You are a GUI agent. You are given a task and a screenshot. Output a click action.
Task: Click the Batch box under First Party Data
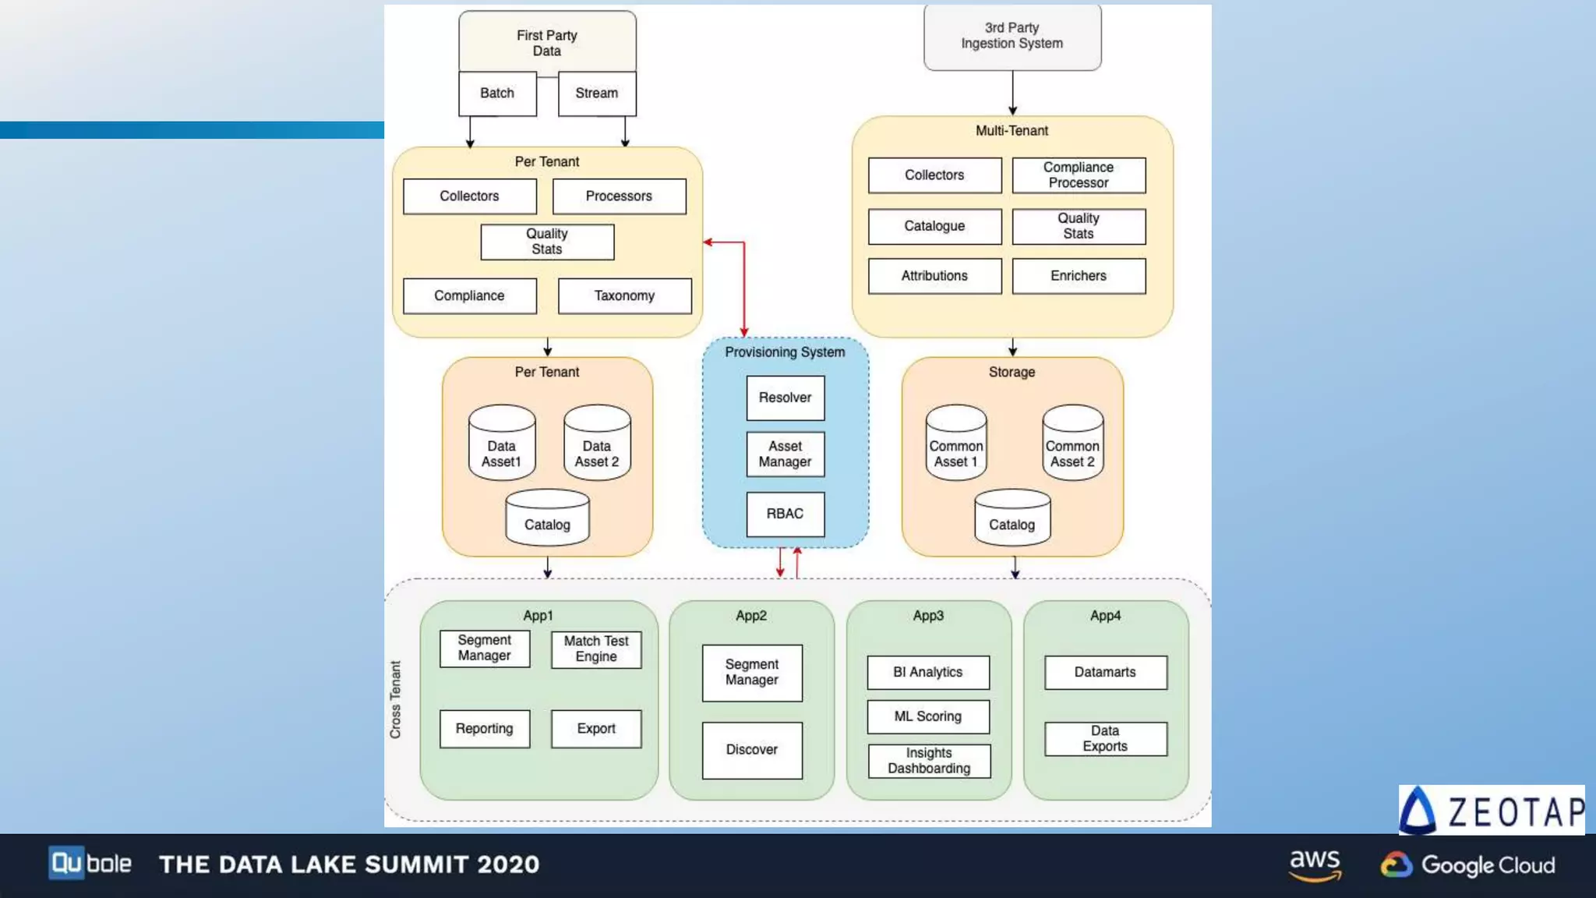coord(497,94)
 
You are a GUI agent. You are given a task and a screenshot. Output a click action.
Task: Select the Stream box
coord(597,94)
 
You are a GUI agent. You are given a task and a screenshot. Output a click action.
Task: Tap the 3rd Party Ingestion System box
coord(1012,37)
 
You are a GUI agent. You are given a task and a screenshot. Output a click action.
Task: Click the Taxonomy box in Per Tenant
coord(624,296)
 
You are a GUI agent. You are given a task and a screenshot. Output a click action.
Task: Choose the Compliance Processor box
coord(1079,175)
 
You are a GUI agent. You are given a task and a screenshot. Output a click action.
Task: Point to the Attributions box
coord(934,276)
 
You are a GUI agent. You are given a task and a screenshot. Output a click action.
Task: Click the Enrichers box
coord(1079,276)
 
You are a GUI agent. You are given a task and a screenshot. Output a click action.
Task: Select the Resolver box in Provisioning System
coord(785,398)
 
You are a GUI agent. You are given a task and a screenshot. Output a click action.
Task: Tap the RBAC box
coord(785,514)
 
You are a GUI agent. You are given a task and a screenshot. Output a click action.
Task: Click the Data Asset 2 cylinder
coord(597,444)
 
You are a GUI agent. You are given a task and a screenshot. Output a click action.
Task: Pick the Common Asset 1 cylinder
coord(955,444)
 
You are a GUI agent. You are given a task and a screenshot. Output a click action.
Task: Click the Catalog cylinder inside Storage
coord(1012,518)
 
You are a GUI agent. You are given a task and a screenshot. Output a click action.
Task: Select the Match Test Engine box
coord(596,649)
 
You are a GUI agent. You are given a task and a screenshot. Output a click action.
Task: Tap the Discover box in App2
coord(752,750)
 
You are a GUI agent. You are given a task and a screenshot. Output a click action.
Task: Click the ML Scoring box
coord(928,716)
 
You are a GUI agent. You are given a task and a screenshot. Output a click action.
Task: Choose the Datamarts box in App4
coord(1105,672)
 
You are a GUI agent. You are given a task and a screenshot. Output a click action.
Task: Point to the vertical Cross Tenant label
coord(395,699)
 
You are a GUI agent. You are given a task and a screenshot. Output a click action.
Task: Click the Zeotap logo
coord(1492,811)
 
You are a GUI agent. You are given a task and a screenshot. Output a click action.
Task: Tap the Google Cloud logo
coord(1468,864)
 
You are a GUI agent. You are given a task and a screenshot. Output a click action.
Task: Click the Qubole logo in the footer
coord(90,864)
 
